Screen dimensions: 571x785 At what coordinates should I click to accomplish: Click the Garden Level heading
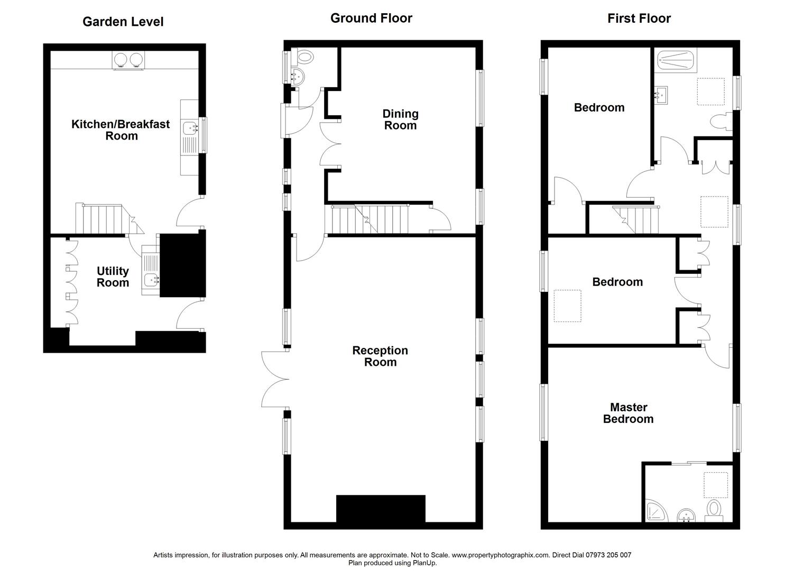click(x=123, y=22)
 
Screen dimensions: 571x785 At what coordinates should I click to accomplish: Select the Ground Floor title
click(x=371, y=18)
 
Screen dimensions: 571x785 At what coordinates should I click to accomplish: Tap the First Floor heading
click(x=639, y=19)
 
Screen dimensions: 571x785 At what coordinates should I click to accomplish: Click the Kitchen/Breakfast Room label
click(x=121, y=130)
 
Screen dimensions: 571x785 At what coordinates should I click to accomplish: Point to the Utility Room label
click(x=113, y=277)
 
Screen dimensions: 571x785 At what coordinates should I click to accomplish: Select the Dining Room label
click(x=400, y=119)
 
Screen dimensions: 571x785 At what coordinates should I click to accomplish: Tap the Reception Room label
click(x=380, y=356)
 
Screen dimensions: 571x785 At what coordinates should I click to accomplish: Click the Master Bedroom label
click(x=628, y=413)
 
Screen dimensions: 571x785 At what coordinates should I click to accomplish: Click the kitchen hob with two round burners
click(x=128, y=60)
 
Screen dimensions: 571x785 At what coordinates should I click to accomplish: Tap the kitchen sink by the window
click(x=189, y=127)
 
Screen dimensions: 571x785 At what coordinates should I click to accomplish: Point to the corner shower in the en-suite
click(x=656, y=511)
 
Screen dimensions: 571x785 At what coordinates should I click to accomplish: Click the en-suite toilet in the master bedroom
click(x=714, y=510)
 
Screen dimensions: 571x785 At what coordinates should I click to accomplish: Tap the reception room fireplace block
click(x=381, y=508)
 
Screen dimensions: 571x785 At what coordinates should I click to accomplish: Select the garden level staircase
click(x=103, y=219)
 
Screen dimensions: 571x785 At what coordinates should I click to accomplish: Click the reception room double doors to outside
click(x=275, y=379)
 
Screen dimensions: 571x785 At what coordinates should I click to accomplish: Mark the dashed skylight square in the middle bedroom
click(x=567, y=306)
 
